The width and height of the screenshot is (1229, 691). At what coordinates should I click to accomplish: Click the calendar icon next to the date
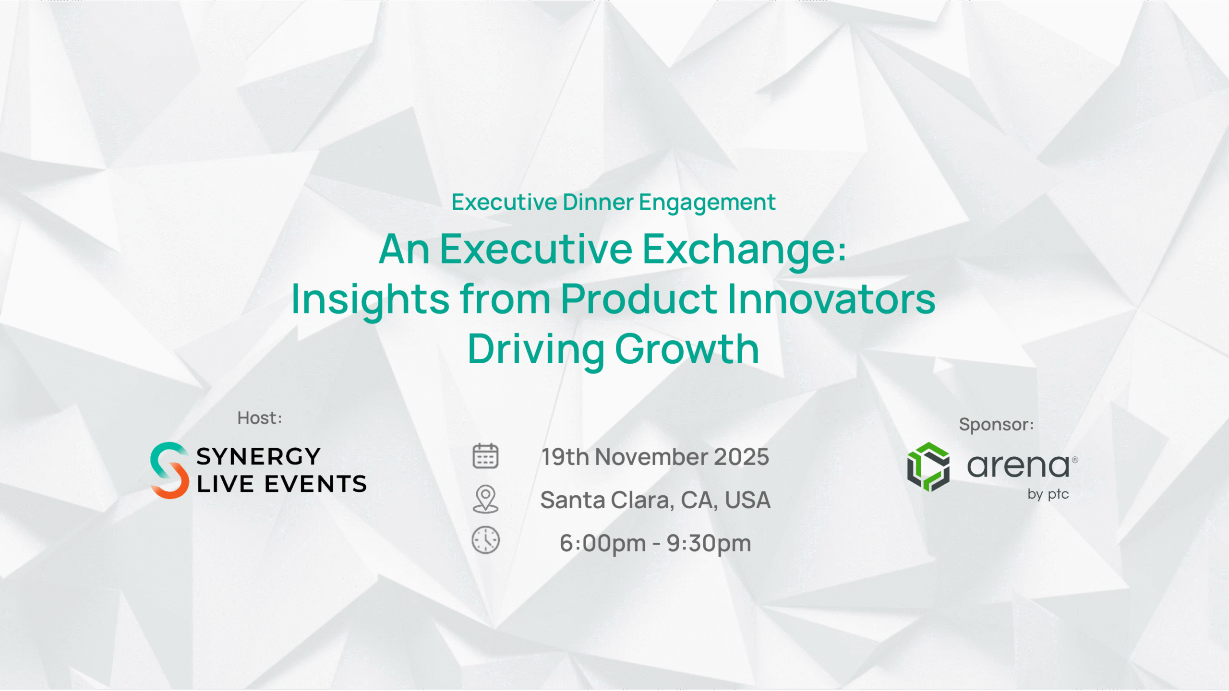[485, 456]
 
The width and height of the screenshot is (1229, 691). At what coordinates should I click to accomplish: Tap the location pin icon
[485, 499]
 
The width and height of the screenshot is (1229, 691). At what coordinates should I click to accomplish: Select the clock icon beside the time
[485, 540]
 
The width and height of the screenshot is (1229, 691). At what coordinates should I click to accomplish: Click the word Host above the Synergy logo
[256, 418]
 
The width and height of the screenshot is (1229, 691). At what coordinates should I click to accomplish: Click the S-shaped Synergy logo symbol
[169, 470]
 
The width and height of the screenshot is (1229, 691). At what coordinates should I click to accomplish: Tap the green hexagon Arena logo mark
[928, 467]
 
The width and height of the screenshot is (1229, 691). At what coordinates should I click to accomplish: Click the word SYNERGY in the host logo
[258, 456]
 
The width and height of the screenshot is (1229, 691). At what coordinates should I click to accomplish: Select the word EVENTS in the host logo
[315, 484]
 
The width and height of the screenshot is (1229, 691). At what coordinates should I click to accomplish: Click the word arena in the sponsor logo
[1018, 466]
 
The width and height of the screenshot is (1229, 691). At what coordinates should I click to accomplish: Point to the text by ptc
[1048, 495]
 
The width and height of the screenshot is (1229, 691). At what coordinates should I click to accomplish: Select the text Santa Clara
[604, 500]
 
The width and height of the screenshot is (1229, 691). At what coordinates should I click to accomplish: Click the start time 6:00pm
[603, 544]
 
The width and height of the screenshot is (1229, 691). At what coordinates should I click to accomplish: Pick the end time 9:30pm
[709, 544]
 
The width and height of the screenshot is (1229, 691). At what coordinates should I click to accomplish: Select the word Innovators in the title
[831, 299]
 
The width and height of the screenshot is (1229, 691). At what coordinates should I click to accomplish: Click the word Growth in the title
[687, 349]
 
